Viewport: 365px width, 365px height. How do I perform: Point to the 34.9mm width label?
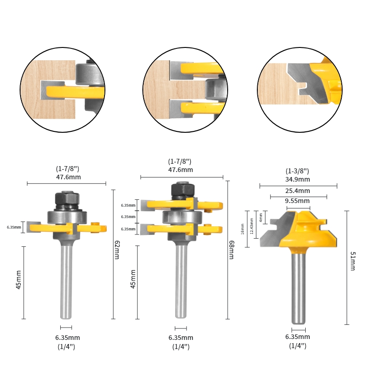click(x=297, y=180)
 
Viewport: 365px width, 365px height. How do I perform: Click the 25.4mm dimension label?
click(x=297, y=191)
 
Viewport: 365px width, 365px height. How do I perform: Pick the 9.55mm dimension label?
click(x=297, y=201)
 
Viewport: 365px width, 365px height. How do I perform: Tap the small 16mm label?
click(x=243, y=229)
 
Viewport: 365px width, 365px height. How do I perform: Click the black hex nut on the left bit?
click(x=67, y=199)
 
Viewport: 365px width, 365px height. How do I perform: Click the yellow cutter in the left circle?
click(x=73, y=91)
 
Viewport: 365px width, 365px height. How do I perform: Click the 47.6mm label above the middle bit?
click(x=181, y=170)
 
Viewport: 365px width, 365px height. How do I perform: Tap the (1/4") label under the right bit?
click(x=297, y=346)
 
